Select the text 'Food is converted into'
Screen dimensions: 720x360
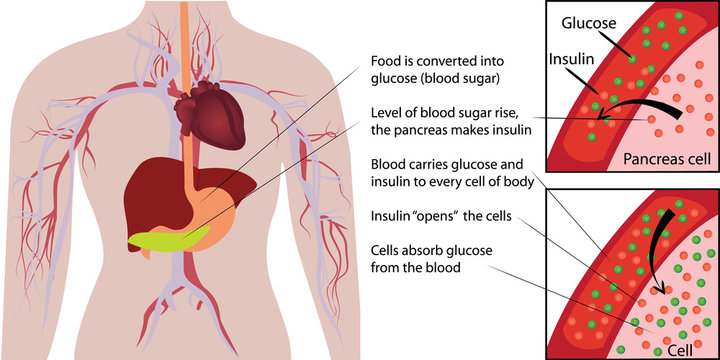[440, 60]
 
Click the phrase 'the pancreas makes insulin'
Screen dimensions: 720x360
[452, 130]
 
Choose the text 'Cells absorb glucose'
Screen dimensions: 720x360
[437, 250]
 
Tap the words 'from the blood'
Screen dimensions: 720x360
[416, 268]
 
